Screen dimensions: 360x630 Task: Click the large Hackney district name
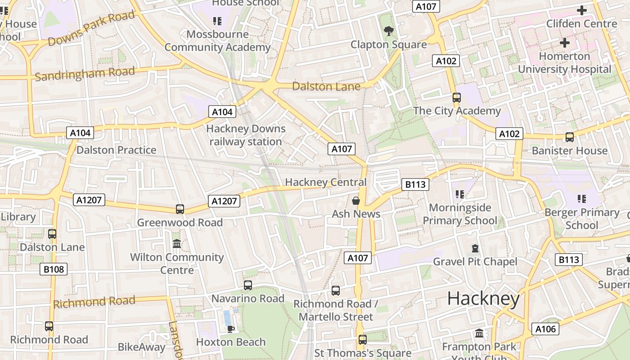coord(483,298)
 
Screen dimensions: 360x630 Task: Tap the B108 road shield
coord(54,270)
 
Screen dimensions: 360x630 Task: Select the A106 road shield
coord(545,329)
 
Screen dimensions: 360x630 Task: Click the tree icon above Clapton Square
coord(388,31)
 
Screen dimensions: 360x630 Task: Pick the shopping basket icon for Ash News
coord(356,201)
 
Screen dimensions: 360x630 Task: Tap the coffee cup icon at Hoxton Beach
coord(231,329)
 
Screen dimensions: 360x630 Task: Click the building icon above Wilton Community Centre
coord(177,244)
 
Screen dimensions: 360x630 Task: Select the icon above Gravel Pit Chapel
coord(475,248)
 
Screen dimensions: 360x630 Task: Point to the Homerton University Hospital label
coord(564,63)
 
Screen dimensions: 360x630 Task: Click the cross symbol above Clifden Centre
coord(581,10)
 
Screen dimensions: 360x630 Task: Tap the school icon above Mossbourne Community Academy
coord(217,21)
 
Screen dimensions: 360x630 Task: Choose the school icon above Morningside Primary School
coord(459,194)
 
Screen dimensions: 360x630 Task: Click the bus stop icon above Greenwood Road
coord(180,209)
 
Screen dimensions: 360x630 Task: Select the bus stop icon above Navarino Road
coord(248,285)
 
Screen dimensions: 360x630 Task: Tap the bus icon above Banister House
coord(570,137)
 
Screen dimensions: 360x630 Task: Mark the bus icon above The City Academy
coord(457,98)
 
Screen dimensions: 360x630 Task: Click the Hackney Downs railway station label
coord(246,135)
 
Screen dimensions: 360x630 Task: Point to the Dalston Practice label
coord(116,150)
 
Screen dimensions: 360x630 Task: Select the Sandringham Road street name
coord(85,73)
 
